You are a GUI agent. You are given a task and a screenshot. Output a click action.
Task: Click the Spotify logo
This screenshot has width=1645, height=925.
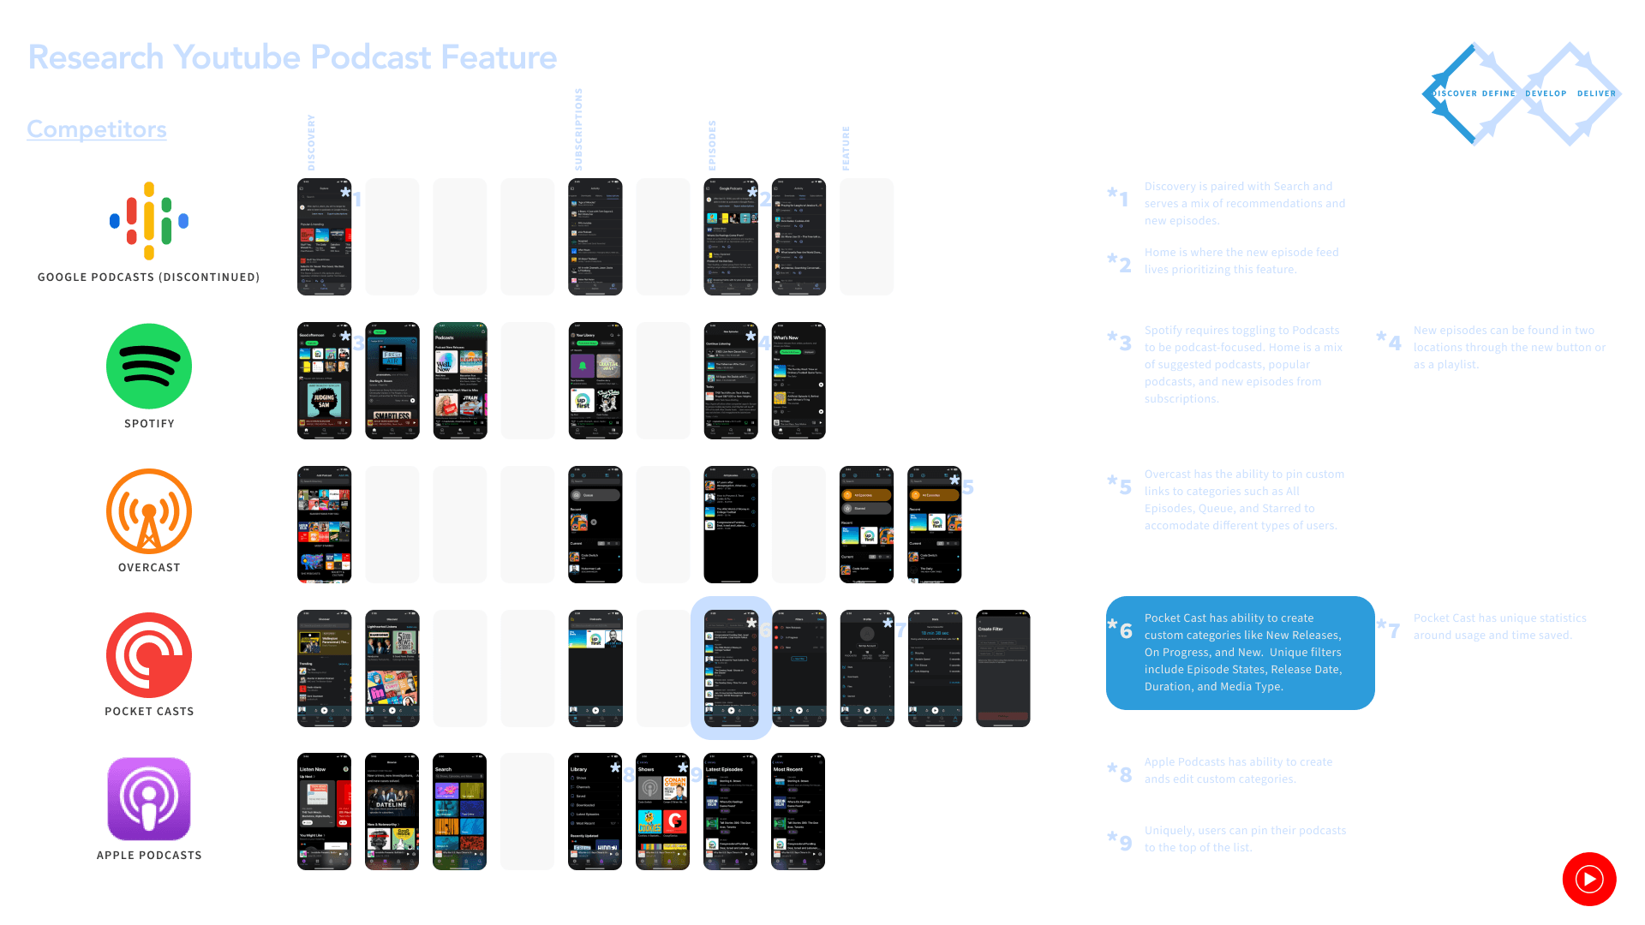(149, 367)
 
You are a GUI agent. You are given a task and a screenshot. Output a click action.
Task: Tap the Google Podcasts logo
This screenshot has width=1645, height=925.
(149, 221)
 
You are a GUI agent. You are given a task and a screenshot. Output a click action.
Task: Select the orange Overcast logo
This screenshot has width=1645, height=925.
(149, 511)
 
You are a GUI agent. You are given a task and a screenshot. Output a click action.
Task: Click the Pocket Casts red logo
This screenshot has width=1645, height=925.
(149, 655)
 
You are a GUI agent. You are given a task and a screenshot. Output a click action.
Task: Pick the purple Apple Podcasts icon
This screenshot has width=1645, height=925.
(149, 799)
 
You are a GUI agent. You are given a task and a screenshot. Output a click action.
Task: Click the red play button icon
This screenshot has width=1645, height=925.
(1589, 879)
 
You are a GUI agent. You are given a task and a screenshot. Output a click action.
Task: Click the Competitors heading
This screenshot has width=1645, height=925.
(97, 129)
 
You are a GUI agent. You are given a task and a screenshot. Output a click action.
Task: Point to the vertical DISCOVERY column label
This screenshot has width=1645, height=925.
(311, 142)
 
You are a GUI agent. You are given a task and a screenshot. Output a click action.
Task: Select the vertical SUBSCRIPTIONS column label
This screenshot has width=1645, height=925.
(578, 129)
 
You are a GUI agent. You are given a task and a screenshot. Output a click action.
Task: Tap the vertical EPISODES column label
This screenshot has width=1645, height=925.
(712, 146)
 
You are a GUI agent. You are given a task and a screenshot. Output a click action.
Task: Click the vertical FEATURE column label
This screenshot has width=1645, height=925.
(846, 148)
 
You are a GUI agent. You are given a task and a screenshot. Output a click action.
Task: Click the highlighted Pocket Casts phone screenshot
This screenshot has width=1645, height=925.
(731, 668)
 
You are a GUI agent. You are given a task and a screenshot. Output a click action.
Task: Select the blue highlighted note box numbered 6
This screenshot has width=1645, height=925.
(1240, 653)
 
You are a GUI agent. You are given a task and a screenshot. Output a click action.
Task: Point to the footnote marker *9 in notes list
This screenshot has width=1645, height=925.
(1120, 840)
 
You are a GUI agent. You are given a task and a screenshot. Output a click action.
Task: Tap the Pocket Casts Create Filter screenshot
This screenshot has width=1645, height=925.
(1002, 668)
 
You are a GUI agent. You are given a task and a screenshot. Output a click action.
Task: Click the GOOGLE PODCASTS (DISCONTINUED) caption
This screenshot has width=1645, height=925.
(148, 277)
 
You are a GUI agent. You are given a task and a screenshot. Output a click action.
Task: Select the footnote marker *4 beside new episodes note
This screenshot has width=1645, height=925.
(1389, 341)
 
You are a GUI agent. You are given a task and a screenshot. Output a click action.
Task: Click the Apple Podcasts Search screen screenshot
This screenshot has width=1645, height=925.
(459, 811)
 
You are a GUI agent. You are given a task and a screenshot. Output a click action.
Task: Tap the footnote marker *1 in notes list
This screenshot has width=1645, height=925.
(1118, 197)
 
